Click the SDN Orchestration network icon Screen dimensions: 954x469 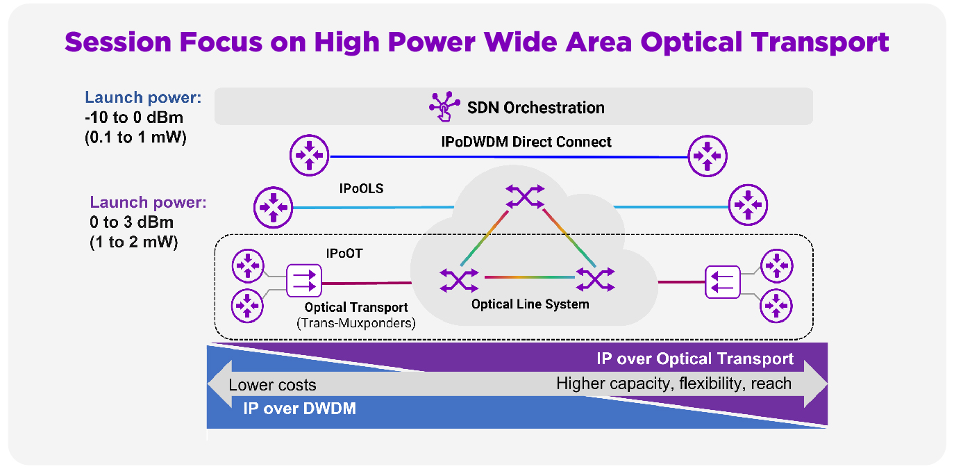[444, 106]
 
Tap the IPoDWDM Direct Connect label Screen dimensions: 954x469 [526, 142]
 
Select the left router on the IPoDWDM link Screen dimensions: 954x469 [309, 155]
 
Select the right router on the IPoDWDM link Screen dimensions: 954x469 [708, 156]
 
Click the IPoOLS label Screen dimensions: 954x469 [361, 188]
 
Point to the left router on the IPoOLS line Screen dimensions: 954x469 [273, 207]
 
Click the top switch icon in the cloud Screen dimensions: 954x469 [525, 197]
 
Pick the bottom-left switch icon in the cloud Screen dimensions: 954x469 [459, 280]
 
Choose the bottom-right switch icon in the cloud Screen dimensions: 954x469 [596, 279]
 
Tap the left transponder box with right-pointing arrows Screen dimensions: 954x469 [303, 281]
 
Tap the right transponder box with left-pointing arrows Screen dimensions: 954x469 [723, 282]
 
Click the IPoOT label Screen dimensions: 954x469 [344, 254]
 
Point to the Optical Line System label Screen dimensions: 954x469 [530, 304]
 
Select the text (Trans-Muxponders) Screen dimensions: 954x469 [356, 323]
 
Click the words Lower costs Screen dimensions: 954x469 [273, 385]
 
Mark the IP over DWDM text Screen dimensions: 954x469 [299, 409]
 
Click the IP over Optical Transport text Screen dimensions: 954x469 [695, 359]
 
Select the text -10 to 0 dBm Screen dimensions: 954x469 [134, 117]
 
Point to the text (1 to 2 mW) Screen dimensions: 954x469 [134, 242]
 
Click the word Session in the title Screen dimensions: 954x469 [118, 42]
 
